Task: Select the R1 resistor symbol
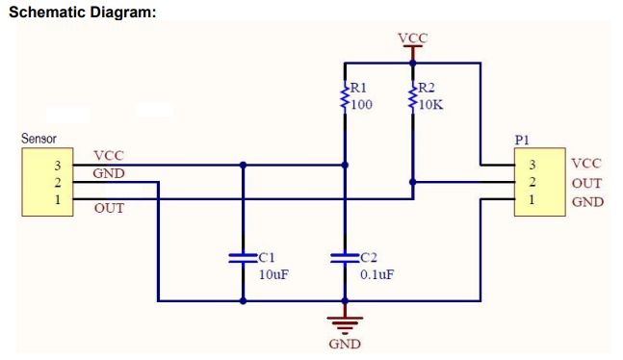coord(345,97)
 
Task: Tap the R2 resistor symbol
coord(412,97)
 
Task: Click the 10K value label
coord(429,104)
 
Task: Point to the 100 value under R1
coord(361,104)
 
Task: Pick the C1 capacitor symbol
coord(243,257)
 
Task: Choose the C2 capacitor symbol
coord(345,257)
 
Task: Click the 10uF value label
coord(275,274)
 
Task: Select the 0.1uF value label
coord(376,274)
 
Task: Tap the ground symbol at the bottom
coord(345,321)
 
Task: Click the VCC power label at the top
coord(412,39)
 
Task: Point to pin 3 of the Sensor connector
coord(57,165)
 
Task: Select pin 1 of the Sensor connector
coord(57,199)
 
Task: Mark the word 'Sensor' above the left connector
coord(39,139)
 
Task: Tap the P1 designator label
coord(522,140)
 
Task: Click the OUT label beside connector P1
coord(586,183)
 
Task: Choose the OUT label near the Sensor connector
coord(109,208)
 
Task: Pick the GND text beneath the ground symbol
coord(345,344)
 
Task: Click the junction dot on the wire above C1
coord(243,165)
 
